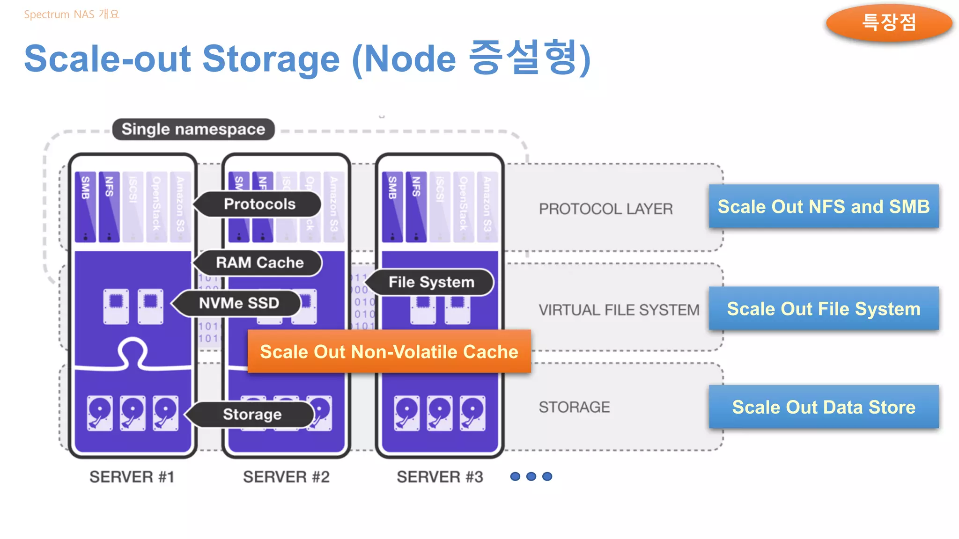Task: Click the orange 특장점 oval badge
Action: pos(888,22)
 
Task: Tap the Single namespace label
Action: pos(193,129)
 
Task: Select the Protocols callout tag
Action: pos(259,204)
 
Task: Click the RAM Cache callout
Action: pos(259,262)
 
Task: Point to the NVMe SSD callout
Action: pos(239,303)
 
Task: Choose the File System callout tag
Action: pos(431,282)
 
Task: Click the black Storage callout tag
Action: pos(252,414)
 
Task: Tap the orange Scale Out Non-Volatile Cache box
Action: pos(389,351)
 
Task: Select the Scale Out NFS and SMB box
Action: pos(823,206)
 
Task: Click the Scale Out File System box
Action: pos(823,309)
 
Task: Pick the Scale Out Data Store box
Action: pos(823,407)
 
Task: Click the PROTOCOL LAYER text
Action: pos(605,209)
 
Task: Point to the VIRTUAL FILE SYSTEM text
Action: pos(619,310)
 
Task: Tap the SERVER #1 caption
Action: pos(132,477)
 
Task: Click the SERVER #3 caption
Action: pos(440,477)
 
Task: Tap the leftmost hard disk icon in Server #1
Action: pos(100,413)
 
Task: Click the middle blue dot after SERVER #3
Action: pos(531,476)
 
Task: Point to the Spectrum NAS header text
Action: pos(71,15)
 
